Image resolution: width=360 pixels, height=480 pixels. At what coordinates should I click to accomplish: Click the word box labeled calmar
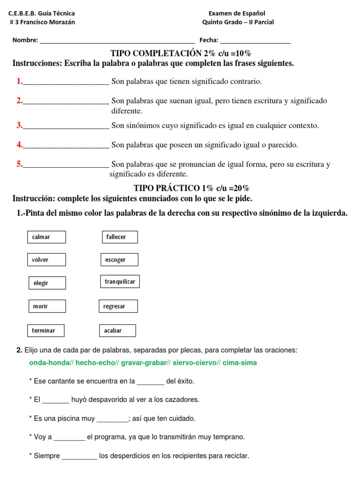(x=46, y=237)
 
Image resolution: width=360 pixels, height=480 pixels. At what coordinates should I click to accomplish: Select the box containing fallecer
(x=120, y=237)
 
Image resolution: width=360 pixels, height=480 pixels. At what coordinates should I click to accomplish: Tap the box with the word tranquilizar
(x=120, y=282)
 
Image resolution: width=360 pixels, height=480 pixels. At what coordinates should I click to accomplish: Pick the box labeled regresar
(x=118, y=306)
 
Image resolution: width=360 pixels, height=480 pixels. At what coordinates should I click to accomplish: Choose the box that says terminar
(x=46, y=330)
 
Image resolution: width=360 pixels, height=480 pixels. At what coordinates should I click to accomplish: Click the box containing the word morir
(x=47, y=306)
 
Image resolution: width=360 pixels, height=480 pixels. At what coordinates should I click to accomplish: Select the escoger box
(x=120, y=260)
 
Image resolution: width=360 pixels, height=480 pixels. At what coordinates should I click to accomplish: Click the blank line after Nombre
(x=117, y=41)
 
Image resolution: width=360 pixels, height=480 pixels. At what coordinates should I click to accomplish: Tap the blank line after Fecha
(x=255, y=41)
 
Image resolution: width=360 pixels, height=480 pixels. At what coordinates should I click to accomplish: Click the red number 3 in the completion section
(x=20, y=125)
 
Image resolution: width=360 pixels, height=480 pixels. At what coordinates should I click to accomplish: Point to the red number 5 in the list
(x=20, y=164)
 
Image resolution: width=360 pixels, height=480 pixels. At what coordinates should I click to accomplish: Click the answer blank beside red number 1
(x=66, y=82)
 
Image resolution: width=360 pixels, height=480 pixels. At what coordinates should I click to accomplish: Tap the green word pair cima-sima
(x=240, y=363)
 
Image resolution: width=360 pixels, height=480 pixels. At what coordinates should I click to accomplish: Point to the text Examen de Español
(x=238, y=14)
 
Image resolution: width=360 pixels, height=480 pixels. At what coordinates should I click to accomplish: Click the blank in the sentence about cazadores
(x=56, y=400)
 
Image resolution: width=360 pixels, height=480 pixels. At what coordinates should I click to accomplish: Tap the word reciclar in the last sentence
(x=237, y=456)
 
